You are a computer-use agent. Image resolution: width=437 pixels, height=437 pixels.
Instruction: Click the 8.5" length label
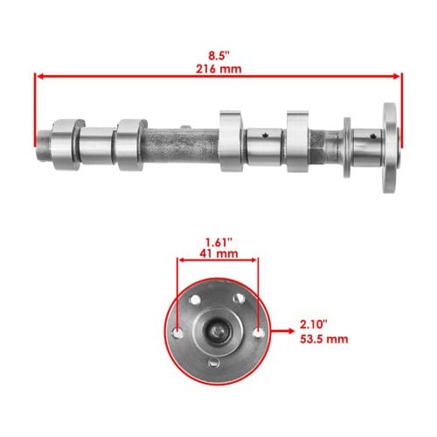tap(218, 55)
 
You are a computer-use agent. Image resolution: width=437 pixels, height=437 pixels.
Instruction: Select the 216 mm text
tap(218, 69)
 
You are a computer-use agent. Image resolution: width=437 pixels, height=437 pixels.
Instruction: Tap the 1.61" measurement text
tap(218, 242)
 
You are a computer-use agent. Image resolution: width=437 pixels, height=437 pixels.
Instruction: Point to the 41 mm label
tap(218, 253)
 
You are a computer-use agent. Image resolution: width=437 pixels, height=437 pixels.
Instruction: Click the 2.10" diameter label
tap(314, 324)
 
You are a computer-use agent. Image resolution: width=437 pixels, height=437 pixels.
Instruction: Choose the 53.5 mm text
tap(324, 339)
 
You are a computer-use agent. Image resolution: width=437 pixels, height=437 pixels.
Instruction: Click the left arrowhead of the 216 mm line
tap(41, 76)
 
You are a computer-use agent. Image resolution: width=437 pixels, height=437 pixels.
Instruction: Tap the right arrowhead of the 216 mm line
tap(396, 76)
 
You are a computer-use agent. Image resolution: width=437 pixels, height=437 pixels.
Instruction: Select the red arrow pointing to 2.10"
tap(282, 330)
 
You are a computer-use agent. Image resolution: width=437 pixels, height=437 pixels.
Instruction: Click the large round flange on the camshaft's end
tap(391, 148)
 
